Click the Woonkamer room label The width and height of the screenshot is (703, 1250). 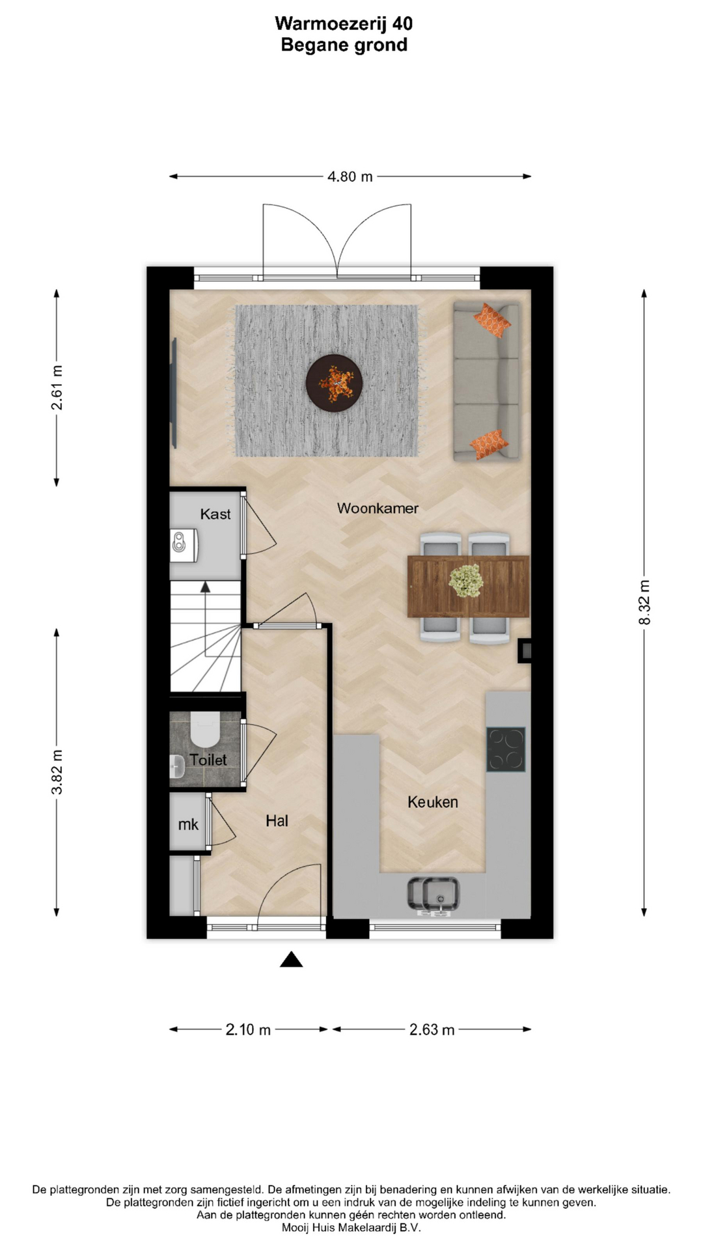point(378,508)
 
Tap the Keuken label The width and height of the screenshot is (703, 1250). point(433,802)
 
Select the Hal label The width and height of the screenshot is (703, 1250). point(277,821)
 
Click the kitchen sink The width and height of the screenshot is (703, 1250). point(434,894)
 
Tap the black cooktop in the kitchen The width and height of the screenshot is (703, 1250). point(506,749)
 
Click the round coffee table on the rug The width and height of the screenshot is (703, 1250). point(335,383)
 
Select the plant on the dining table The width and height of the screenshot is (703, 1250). point(465,581)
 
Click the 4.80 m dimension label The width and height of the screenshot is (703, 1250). point(350,176)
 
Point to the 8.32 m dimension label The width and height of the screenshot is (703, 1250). point(644,602)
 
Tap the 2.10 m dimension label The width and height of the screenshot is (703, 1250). point(248,1030)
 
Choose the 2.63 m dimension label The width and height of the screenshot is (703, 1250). point(432,1030)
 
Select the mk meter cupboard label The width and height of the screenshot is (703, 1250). point(188,825)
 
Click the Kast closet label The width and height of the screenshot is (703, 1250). point(215,514)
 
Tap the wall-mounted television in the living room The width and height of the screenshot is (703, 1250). point(174,393)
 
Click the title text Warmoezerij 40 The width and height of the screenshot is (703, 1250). point(344,24)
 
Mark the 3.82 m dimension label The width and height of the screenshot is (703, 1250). point(57,771)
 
